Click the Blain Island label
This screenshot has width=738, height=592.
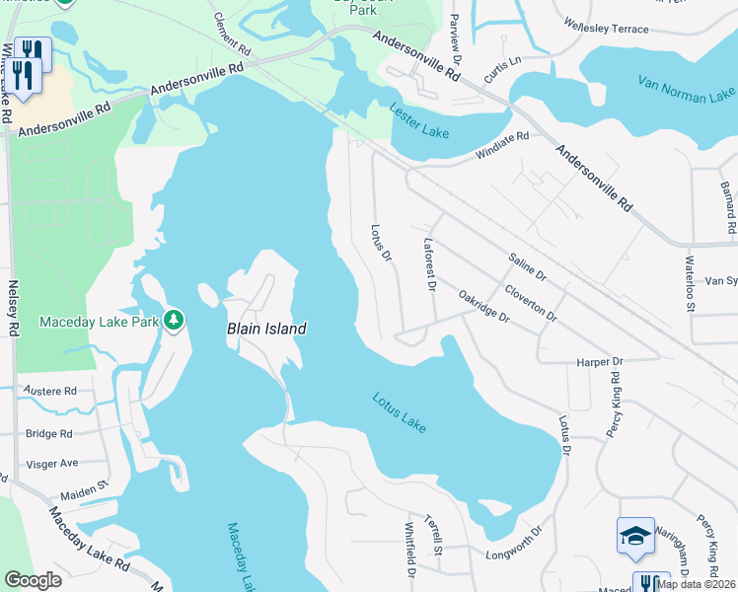(266, 329)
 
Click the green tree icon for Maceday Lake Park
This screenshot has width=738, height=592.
(174, 320)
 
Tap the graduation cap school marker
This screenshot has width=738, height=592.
(635, 536)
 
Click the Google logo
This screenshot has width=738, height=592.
(34, 580)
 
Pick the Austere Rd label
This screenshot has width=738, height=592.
(49, 392)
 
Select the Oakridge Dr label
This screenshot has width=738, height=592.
(483, 305)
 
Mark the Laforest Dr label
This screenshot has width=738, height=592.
(429, 265)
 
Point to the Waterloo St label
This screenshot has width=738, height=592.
(690, 282)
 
